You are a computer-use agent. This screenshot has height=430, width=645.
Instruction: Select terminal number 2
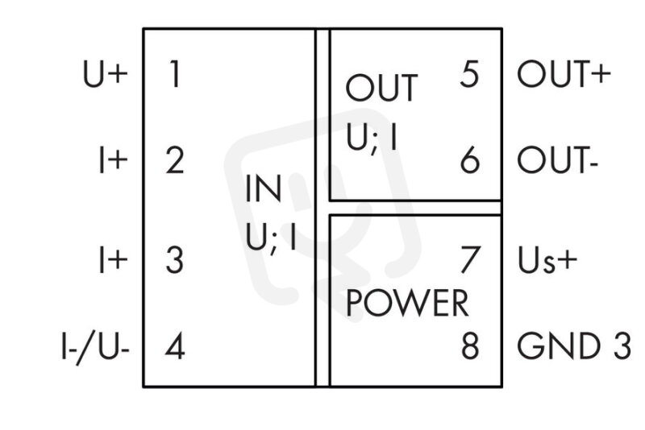(x=175, y=160)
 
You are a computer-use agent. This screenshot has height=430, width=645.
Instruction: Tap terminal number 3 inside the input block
(x=174, y=259)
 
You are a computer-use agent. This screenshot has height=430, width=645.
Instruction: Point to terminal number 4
(x=175, y=346)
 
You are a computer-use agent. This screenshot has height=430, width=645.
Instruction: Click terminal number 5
(x=469, y=74)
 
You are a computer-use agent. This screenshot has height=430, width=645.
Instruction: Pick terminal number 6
(x=470, y=160)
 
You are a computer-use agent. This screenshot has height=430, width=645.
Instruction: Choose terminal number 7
(x=470, y=259)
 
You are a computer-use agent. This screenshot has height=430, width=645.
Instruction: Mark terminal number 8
(x=470, y=346)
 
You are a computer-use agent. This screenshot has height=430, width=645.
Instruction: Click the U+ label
(x=106, y=74)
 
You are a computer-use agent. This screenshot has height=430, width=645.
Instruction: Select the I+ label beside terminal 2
(x=113, y=160)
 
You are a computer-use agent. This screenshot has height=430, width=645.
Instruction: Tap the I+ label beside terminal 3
(x=113, y=260)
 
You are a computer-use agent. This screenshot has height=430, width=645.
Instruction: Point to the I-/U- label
(x=95, y=347)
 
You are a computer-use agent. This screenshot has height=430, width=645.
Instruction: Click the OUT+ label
(x=564, y=74)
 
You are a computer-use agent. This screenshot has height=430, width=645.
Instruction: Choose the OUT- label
(x=557, y=160)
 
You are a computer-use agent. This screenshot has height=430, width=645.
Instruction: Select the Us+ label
(x=547, y=260)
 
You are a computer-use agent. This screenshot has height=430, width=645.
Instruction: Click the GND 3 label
(x=574, y=346)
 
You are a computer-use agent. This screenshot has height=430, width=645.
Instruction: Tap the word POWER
(x=407, y=303)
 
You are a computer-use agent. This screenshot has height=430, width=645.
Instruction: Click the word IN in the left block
(x=264, y=188)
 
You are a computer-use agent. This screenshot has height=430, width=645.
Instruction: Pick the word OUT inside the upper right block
(x=381, y=88)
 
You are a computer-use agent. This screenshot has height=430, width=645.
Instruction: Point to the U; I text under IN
(x=271, y=238)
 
